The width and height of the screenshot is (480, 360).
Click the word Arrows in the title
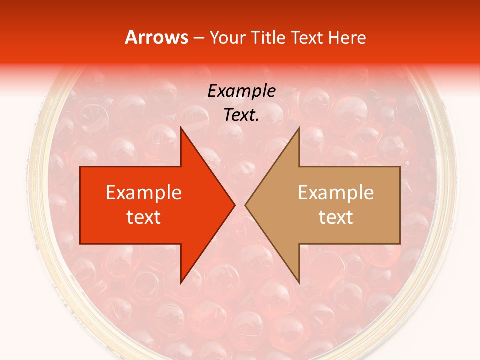pyautogui.click(x=156, y=37)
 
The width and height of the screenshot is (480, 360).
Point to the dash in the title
pyautogui.click(x=199, y=38)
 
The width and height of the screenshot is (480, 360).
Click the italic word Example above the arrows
pyautogui.click(x=242, y=91)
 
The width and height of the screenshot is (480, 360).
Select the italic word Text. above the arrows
pyautogui.click(x=242, y=115)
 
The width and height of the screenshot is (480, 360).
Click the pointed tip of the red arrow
pyautogui.click(x=235, y=205)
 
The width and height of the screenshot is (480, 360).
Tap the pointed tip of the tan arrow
pyautogui.click(x=245, y=205)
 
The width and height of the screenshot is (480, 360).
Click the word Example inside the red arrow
pyautogui.click(x=144, y=193)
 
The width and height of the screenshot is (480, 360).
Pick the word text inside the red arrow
pyautogui.click(x=144, y=217)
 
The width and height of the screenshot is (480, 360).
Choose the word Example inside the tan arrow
pyautogui.click(x=336, y=193)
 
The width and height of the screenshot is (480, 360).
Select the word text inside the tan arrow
pyautogui.click(x=336, y=217)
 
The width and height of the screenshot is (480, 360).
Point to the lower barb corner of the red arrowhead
pyautogui.click(x=181, y=283)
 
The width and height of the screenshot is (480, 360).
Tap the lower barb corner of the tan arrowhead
pyautogui.click(x=299, y=283)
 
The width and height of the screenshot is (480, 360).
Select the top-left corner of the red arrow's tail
pyautogui.click(x=80, y=167)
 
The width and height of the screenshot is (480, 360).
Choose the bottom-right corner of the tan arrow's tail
pyautogui.click(x=400, y=244)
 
